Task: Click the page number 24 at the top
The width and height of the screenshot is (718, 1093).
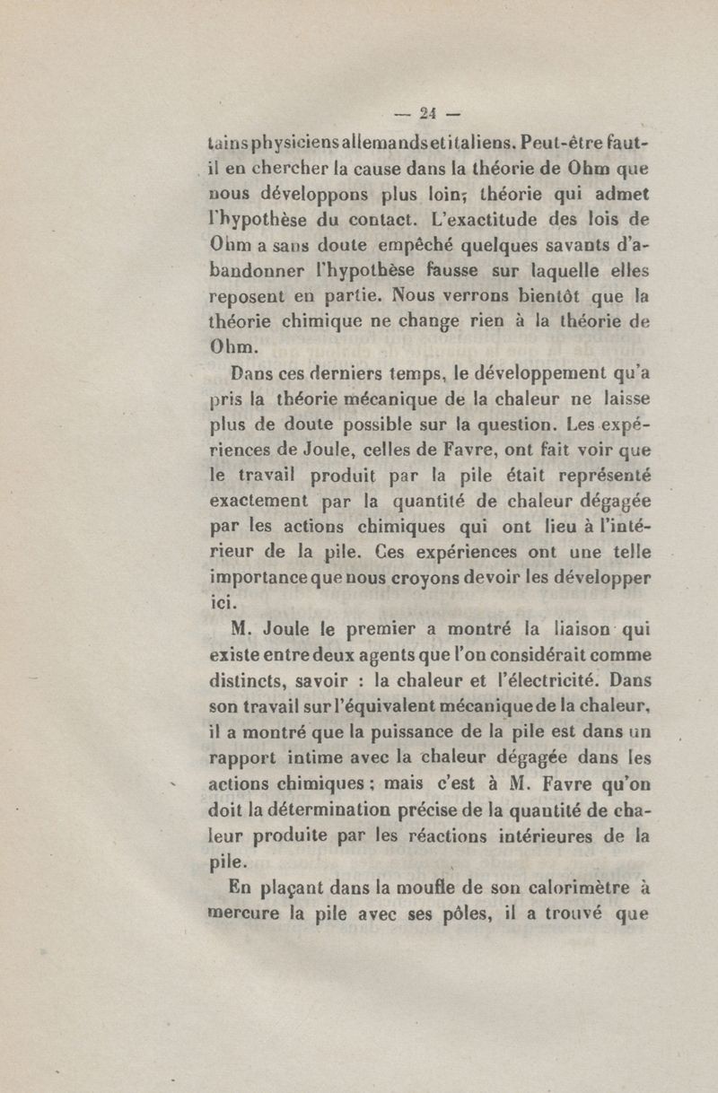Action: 427,114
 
